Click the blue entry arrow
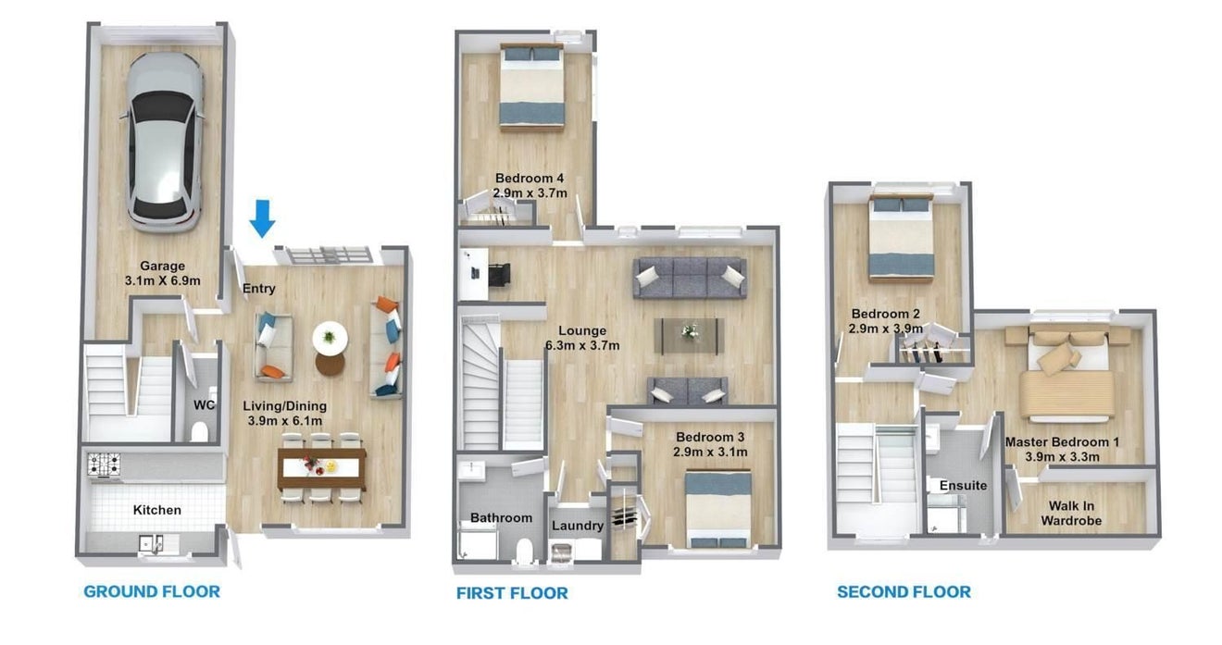tap(262, 218)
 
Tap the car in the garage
tap(163, 143)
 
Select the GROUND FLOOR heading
tap(152, 591)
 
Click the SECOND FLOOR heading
tap(904, 592)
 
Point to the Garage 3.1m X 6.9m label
tap(163, 273)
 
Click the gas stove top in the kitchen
tap(104, 465)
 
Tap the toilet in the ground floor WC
tap(200, 431)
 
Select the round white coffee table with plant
tap(330, 338)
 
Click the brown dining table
tap(322, 468)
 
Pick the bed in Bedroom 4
tap(532, 87)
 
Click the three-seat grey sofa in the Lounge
tap(690, 278)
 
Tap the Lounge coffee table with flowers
tap(690, 335)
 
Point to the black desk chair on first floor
tap(499, 274)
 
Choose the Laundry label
tap(578, 526)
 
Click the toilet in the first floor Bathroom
tap(524, 550)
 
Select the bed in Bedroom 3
tap(718, 510)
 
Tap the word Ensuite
tap(964, 485)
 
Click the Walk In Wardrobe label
tap(1071, 514)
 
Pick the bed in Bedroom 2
tap(901, 239)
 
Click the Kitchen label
tap(157, 510)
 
